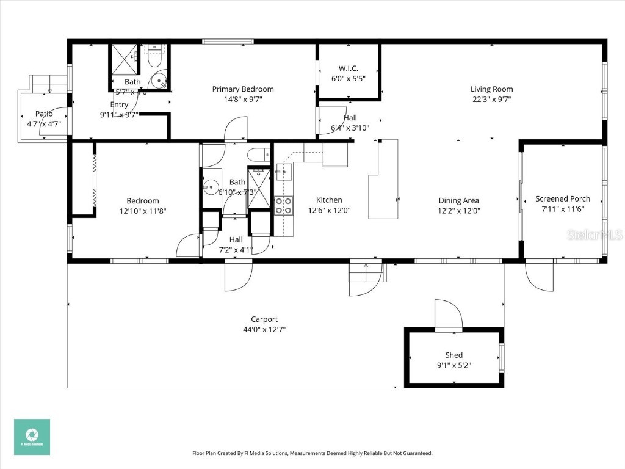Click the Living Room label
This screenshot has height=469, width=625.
click(x=491, y=89)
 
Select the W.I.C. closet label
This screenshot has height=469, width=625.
click(x=348, y=68)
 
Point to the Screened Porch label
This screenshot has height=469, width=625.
click(x=563, y=198)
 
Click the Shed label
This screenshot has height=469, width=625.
click(x=453, y=355)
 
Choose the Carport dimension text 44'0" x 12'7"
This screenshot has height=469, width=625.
click(x=264, y=329)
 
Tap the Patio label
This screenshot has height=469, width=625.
click(x=44, y=114)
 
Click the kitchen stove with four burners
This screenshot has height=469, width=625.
click(x=283, y=205)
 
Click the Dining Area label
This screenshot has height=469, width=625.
click(x=458, y=200)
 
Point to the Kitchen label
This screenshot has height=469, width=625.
click(x=329, y=200)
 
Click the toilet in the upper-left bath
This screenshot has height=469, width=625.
click(x=154, y=57)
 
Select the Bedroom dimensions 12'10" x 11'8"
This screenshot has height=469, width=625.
click(x=143, y=211)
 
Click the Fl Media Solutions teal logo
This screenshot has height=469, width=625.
click(x=32, y=437)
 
